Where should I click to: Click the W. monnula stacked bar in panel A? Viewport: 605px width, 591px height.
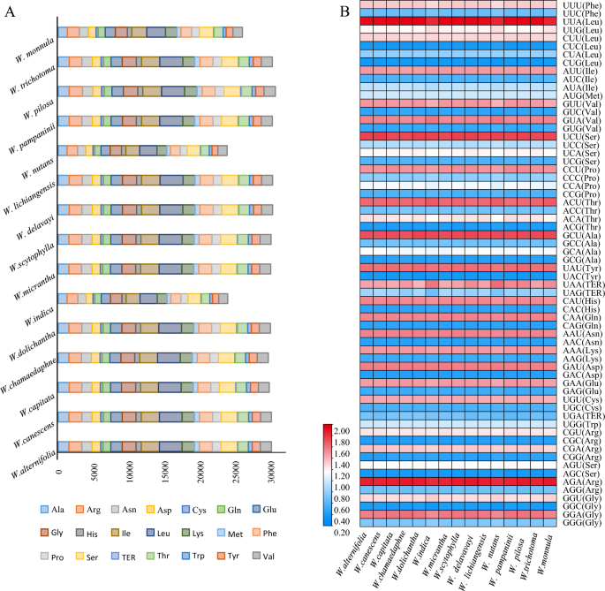click(150, 32)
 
